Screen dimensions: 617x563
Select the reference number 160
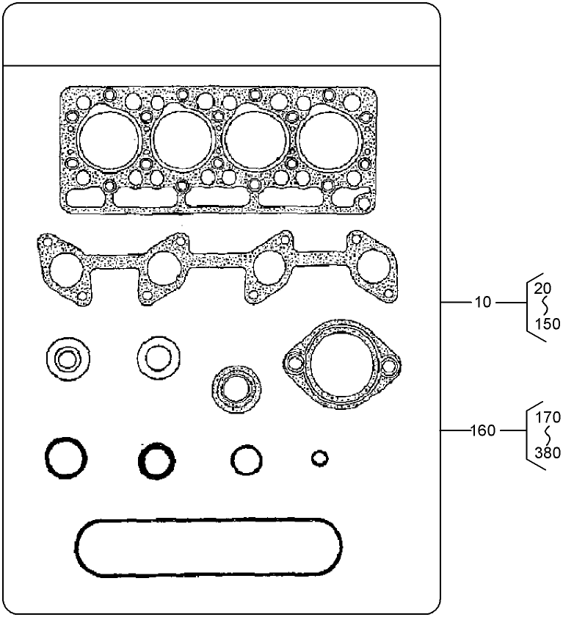pyautogui.click(x=483, y=430)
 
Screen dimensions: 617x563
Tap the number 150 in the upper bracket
pyautogui.click(x=547, y=323)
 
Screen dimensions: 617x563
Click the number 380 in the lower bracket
pyautogui.click(x=548, y=453)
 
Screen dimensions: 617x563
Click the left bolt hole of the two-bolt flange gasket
pyautogui.click(x=296, y=362)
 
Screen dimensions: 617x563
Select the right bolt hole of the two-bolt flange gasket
pyautogui.click(x=386, y=362)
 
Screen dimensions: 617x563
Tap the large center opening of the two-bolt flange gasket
pyautogui.click(x=341, y=361)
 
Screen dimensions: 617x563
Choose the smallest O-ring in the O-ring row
pyautogui.click(x=319, y=459)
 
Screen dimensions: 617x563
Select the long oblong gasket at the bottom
pyautogui.click(x=208, y=548)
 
